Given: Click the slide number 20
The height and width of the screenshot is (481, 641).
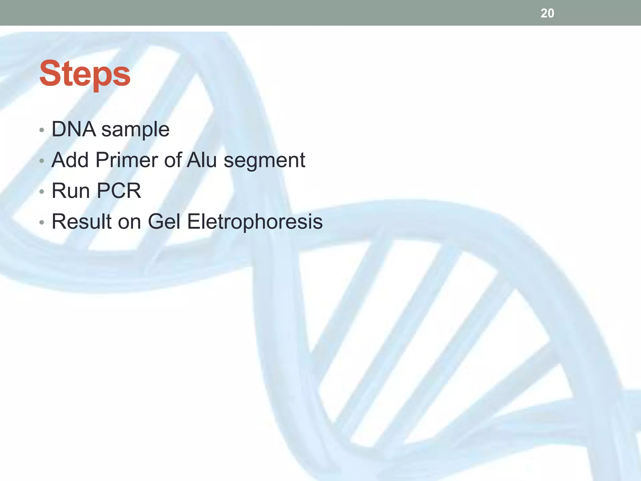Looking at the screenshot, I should coord(547,13).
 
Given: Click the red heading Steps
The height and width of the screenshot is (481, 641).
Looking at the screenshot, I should coord(85,74).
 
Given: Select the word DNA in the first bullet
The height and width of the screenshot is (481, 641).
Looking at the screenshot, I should coord(74,129).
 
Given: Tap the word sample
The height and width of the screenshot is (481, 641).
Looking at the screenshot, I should coord(135,130).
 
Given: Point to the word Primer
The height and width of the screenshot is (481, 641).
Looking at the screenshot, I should coord(127,160).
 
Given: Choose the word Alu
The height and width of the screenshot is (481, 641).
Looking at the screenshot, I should coord(202,160).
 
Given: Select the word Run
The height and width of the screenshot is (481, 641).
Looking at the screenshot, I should coord(71,190).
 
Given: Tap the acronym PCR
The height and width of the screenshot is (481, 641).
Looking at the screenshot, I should coord(119,190).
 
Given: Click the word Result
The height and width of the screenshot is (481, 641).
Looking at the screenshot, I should coord(82,221).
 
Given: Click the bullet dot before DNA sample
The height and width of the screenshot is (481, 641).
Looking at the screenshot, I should coord(42,130).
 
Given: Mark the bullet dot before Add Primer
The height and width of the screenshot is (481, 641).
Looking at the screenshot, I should coord(42,161).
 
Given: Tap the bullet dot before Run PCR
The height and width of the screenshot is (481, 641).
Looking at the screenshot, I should coord(42,191).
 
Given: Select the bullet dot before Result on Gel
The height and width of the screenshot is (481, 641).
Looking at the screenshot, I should coord(42,222).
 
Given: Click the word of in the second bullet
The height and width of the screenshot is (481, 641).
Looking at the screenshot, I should coord(173,160).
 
